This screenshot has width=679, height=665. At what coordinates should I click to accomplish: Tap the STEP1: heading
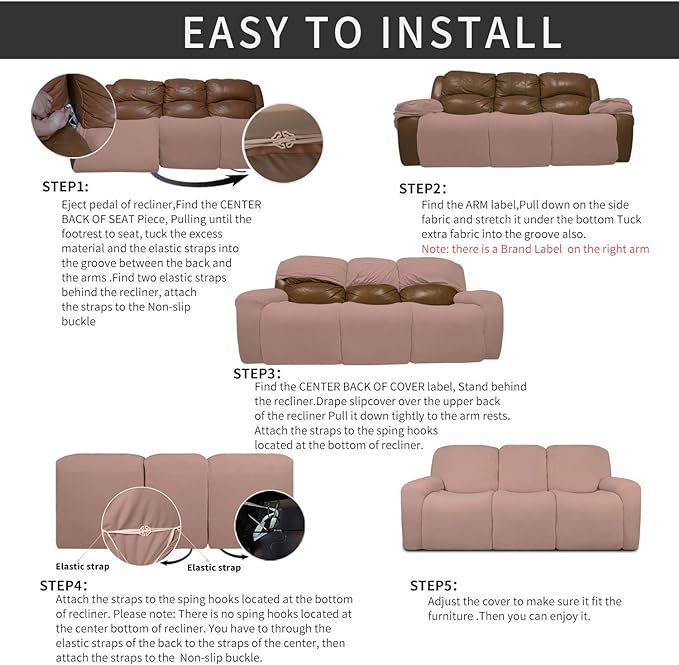pos(65,186)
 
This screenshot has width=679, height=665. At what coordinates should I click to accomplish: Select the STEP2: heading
pos(422,188)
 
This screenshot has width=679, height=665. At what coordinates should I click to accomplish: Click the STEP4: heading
pos(63,584)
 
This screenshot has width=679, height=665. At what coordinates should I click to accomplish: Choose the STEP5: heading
pos(433,584)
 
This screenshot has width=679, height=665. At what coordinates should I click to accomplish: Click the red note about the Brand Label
pos(535,248)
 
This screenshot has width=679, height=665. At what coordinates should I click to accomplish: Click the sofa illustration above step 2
pos(514,121)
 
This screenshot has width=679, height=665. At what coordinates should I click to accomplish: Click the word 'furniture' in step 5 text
pos(456,616)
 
